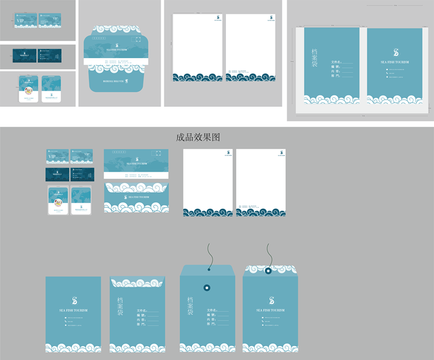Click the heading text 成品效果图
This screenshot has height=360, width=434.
point(198,137)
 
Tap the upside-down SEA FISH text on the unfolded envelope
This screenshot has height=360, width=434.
point(113,80)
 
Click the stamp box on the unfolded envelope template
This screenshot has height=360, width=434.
point(138,40)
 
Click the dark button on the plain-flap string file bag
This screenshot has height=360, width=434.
point(207,288)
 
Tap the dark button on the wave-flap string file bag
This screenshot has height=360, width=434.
point(268,271)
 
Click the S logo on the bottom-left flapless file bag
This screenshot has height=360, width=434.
point(74,301)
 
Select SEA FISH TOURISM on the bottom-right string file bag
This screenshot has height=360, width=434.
point(270,310)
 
